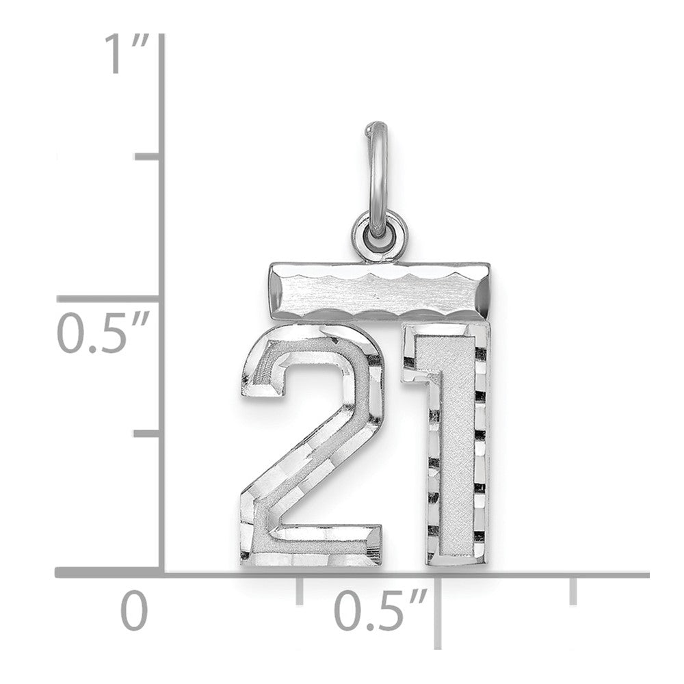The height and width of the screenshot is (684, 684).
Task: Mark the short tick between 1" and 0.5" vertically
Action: (149, 158)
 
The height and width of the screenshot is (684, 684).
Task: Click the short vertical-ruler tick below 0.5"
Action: (149, 434)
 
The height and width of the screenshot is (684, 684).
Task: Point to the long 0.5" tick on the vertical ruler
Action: (109, 299)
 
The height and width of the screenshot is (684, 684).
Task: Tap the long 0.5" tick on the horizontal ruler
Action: (438, 609)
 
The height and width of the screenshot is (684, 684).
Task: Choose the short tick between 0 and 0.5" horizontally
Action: (299, 590)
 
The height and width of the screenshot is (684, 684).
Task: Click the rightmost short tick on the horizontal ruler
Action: (573, 590)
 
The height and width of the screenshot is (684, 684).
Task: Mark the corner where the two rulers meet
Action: (162, 573)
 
